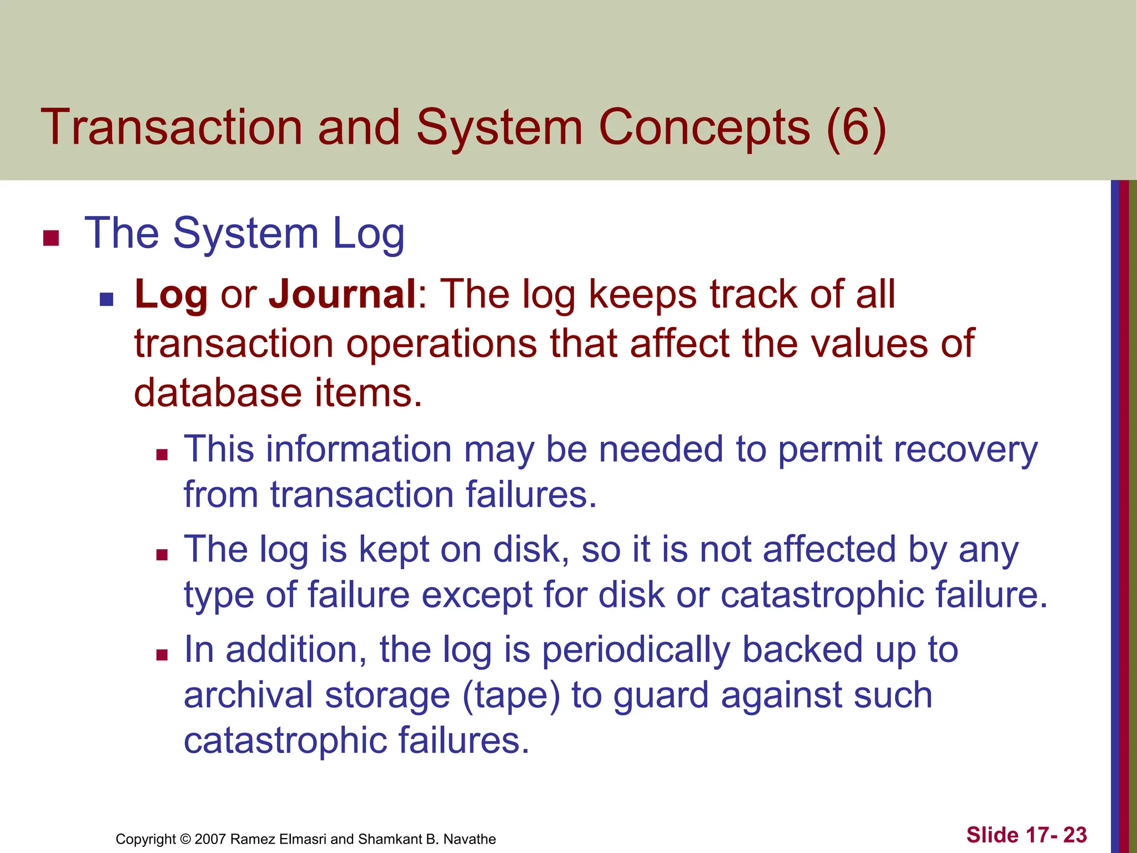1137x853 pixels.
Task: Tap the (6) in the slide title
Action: [856, 127]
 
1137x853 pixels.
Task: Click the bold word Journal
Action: [342, 294]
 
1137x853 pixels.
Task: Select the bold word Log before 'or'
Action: [171, 295]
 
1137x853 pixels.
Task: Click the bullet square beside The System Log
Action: [51, 238]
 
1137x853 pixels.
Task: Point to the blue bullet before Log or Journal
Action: [106, 300]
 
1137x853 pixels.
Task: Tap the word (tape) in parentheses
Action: [511, 696]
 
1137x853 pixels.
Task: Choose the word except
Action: [477, 595]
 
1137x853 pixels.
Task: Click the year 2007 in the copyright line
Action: [210, 839]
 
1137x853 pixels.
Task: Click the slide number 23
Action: [1075, 835]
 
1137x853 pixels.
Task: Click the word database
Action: [218, 393]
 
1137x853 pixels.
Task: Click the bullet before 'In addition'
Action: [162, 655]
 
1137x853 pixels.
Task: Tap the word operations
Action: [441, 344]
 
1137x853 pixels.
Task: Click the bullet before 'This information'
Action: [162, 455]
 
